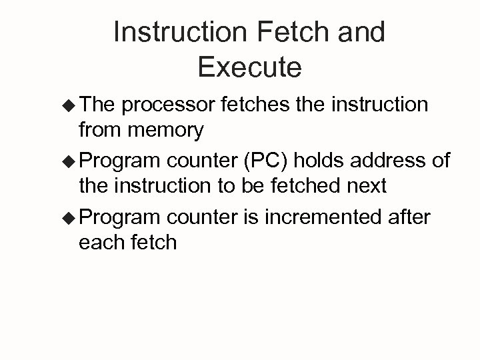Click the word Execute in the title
(249, 67)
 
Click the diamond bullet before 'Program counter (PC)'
(68, 161)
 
